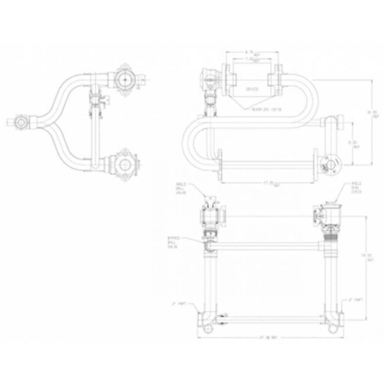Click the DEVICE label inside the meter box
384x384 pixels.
[x=252, y=89]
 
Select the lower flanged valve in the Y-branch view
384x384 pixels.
[x=124, y=164]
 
